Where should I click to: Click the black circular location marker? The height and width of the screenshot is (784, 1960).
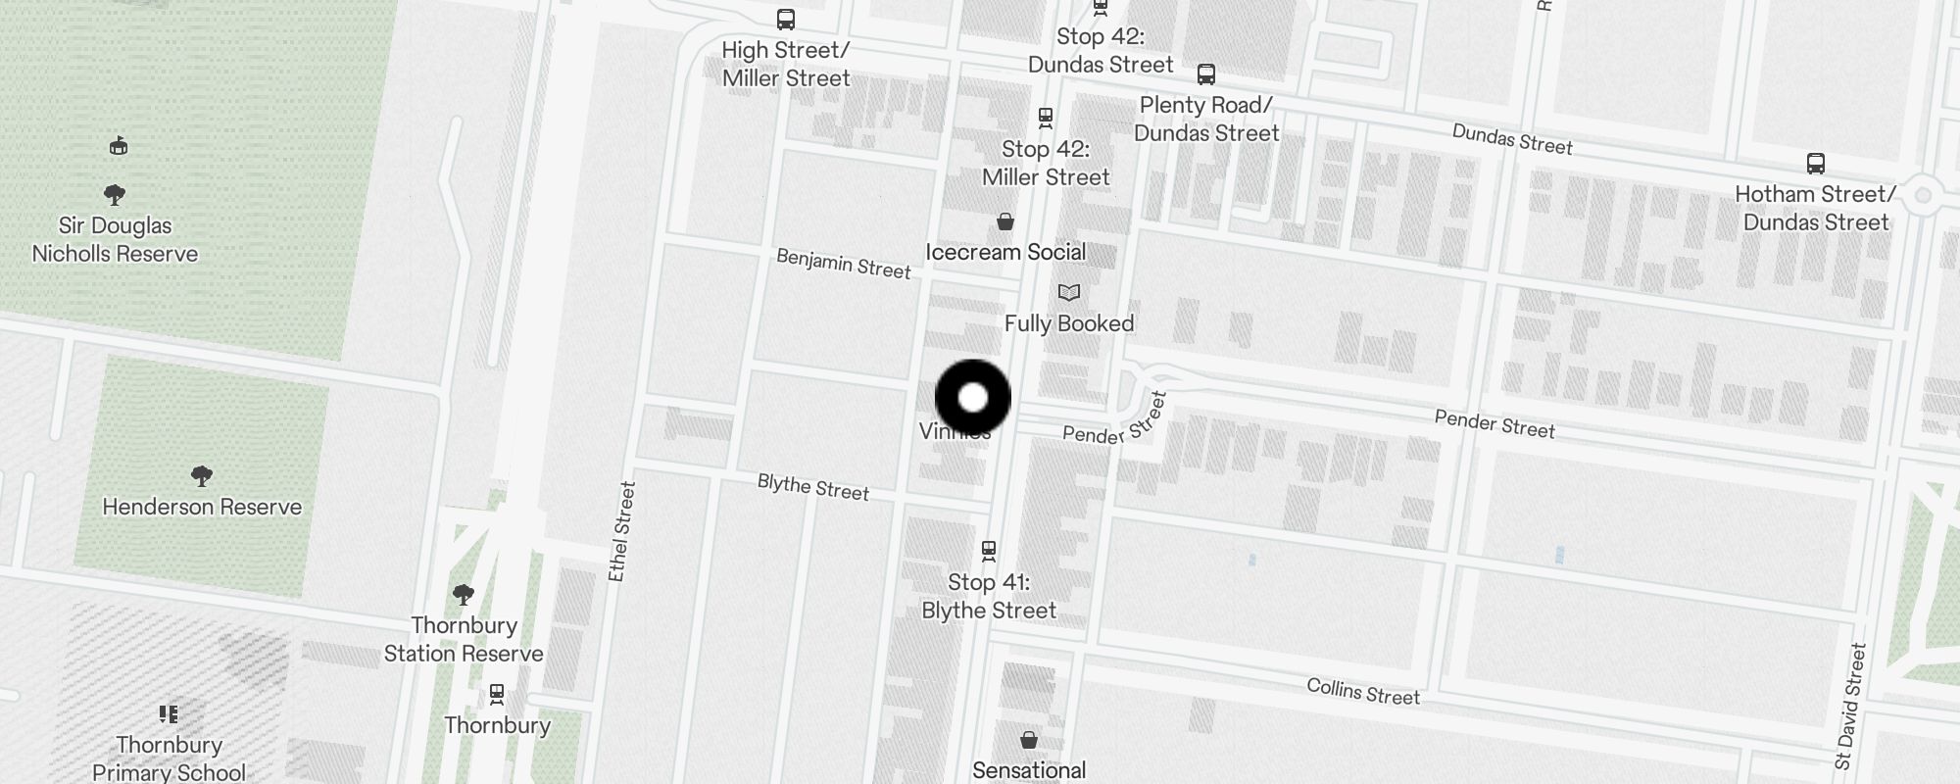[x=972, y=398]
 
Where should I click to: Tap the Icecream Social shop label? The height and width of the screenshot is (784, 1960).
[x=1005, y=252]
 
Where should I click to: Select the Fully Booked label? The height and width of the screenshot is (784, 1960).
[x=1068, y=323]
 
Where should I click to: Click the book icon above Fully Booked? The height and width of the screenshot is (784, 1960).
[x=1068, y=292]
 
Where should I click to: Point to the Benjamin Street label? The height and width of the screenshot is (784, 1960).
[x=843, y=264]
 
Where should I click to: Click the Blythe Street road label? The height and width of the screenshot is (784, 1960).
[x=812, y=487]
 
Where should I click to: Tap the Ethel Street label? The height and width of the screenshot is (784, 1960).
[x=621, y=531]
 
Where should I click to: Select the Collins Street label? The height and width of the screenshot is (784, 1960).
[x=1362, y=692]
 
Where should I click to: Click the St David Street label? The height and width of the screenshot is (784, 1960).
[x=1850, y=706]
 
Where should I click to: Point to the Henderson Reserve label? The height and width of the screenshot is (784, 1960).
[x=202, y=507]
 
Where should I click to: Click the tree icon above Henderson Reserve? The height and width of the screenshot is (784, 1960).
[x=202, y=476]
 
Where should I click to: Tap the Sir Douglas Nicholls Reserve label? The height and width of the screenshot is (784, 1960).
[x=115, y=239]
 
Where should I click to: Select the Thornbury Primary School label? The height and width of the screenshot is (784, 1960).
[x=169, y=759]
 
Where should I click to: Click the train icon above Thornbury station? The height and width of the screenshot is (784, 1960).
[x=497, y=695]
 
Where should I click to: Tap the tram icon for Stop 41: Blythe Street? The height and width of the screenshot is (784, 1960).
[x=989, y=552]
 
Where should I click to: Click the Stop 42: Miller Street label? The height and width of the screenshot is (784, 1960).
[x=1046, y=163]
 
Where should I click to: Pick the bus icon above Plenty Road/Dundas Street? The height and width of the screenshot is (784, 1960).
[x=1205, y=74]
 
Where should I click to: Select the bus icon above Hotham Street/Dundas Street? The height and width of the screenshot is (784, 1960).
[x=1815, y=164]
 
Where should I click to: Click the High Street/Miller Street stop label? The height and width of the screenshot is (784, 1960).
[x=786, y=64]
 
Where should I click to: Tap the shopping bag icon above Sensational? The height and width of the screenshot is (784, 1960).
[x=1028, y=739]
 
